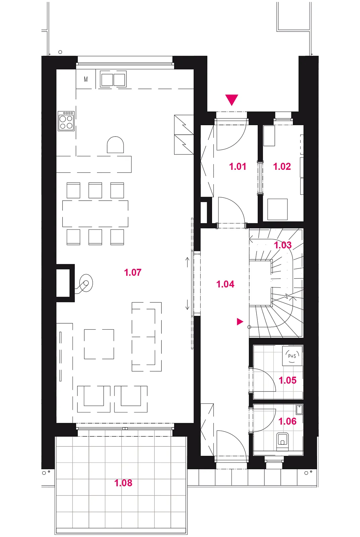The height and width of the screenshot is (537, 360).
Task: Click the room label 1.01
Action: click(238, 166)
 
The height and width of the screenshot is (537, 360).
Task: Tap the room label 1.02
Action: click(282, 166)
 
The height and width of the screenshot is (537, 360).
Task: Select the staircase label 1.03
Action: click(283, 245)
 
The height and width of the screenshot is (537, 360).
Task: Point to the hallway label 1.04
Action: click(225, 284)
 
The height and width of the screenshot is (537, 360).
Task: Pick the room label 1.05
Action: click(288, 380)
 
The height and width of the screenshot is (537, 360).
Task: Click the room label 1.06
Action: click(288, 421)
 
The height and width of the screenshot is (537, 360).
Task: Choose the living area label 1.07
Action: click(133, 272)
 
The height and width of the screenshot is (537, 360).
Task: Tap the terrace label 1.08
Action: click(123, 483)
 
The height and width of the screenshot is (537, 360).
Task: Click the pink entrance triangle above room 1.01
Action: click(232, 100)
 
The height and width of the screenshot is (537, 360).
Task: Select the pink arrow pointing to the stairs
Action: click(240, 322)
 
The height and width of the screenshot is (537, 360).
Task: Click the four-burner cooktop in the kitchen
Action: click(66, 121)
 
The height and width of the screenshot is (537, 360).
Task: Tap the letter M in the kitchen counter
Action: click(86, 79)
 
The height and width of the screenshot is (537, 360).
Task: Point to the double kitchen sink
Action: click(113, 79)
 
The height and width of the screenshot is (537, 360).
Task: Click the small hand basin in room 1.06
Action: click(299, 410)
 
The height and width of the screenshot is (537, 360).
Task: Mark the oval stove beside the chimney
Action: click(85, 283)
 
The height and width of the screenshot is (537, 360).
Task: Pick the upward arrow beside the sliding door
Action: click(188, 262)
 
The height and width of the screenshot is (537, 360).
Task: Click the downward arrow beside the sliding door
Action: click(188, 305)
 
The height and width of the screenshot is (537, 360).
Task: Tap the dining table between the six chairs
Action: click(95, 213)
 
